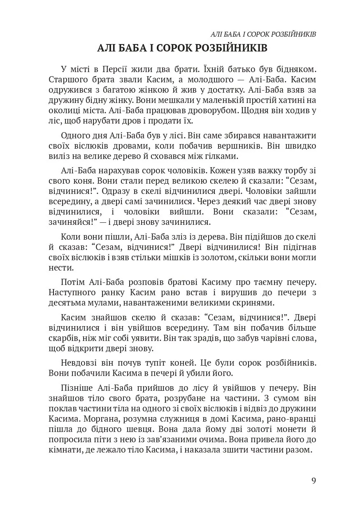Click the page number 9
(x=314, y=481)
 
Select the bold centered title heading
(x=182, y=49)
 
